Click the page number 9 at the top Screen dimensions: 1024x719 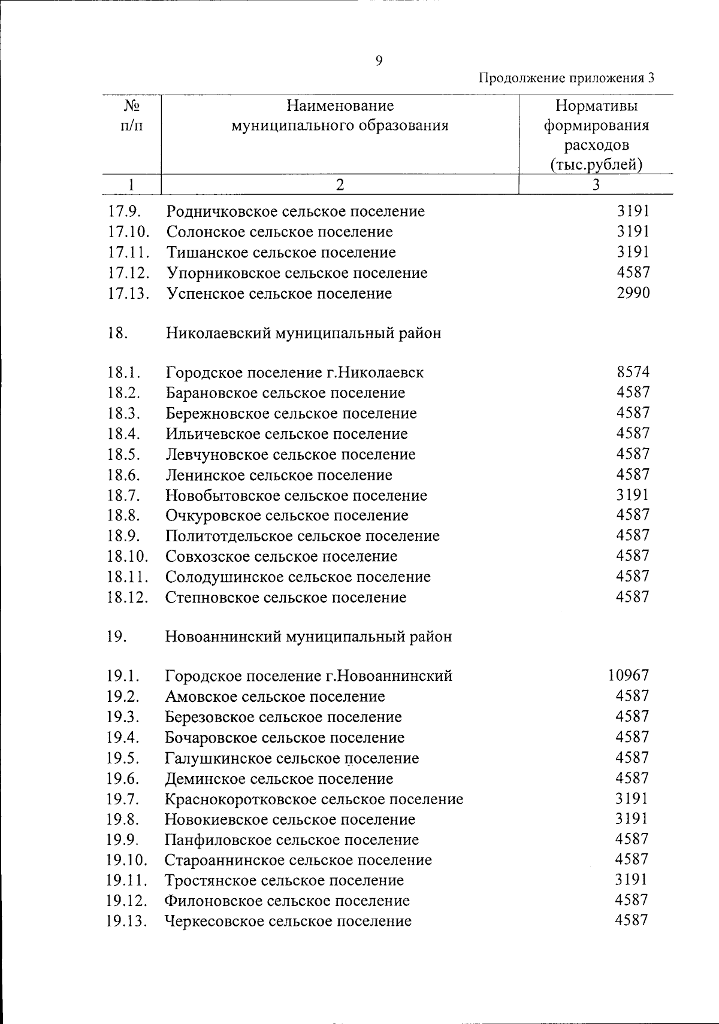378,60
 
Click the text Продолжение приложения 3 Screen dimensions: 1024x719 566,78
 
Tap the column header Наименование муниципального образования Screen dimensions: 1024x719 340,116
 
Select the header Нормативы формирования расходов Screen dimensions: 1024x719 596,135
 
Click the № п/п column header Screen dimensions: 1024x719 131,116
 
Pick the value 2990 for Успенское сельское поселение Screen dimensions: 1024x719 633,293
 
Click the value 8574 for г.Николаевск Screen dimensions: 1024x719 633,372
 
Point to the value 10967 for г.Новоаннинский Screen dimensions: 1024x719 629,675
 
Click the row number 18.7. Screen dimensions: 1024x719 124,495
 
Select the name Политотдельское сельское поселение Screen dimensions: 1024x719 303,536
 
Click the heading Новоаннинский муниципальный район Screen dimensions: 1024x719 309,637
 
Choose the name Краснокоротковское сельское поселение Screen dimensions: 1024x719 314,799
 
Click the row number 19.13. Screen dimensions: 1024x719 127,921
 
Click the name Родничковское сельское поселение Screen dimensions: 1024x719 296,211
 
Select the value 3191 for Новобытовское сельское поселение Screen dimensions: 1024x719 633,495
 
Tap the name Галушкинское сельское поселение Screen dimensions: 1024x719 292,758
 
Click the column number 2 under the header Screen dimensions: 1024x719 340,185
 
